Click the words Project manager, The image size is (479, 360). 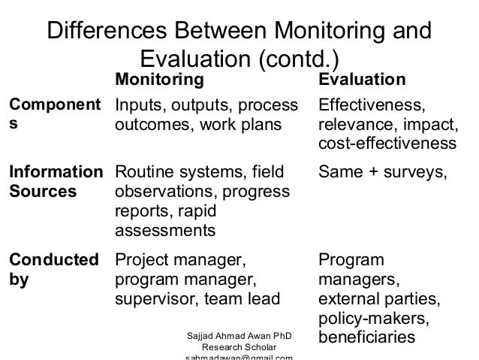point(179,261)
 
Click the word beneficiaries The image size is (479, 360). point(367,339)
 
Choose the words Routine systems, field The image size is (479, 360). point(199,174)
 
